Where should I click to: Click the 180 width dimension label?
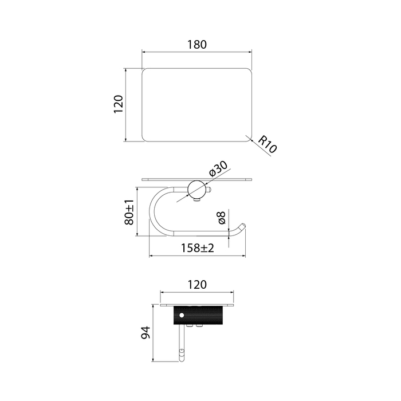(x=197, y=45)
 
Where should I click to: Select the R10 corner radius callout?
(x=268, y=145)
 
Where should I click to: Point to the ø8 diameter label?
(x=222, y=218)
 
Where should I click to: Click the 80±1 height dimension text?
(x=129, y=212)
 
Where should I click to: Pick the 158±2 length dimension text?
(x=197, y=248)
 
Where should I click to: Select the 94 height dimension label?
(x=146, y=332)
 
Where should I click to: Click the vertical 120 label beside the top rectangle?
(x=119, y=104)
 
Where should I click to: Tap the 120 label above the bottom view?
(x=197, y=285)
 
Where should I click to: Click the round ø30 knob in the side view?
(x=196, y=190)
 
